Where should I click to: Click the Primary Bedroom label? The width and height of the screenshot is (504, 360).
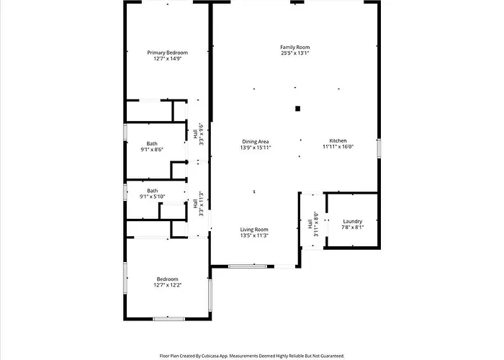(x=168, y=53)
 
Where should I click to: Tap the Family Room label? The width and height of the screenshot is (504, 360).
(x=295, y=48)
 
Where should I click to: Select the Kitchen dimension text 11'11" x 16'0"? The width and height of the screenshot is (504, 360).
(x=338, y=147)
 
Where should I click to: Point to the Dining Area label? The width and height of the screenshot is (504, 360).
(x=256, y=142)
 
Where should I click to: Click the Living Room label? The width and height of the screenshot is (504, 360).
(x=254, y=230)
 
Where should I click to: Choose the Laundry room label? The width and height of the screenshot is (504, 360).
(x=353, y=222)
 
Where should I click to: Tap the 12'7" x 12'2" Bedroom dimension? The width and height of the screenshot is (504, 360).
(x=168, y=285)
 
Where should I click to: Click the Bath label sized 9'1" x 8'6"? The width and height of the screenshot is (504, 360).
(x=152, y=144)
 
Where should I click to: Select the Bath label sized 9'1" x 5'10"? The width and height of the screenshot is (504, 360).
(x=153, y=191)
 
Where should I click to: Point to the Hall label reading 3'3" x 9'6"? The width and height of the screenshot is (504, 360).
(x=195, y=134)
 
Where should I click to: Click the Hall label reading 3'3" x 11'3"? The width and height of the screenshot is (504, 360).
(x=195, y=204)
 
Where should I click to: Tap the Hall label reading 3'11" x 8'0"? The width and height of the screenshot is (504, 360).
(x=310, y=224)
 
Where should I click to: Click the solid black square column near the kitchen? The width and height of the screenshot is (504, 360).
(x=297, y=109)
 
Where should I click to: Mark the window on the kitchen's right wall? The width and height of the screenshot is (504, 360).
(x=379, y=148)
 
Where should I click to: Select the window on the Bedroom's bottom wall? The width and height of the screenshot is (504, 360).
(x=168, y=319)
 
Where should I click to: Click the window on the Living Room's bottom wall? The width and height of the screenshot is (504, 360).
(x=248, y=266)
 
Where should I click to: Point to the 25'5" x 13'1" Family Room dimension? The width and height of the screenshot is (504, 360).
(x=295, y=53)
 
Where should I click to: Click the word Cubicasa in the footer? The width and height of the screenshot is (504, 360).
(x=211, y=356)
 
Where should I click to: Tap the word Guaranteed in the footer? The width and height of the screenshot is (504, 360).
(x=333, y=356)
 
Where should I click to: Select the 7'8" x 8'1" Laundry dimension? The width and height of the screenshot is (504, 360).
(x=353, y=228)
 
